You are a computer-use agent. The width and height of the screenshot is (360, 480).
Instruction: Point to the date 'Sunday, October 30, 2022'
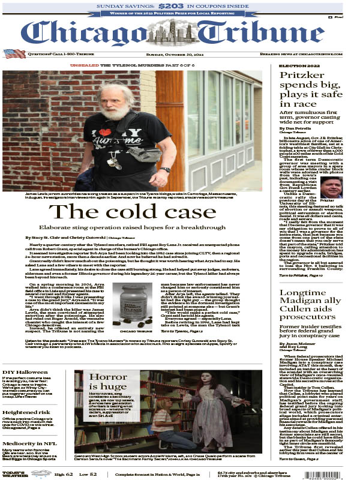(179, 54)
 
